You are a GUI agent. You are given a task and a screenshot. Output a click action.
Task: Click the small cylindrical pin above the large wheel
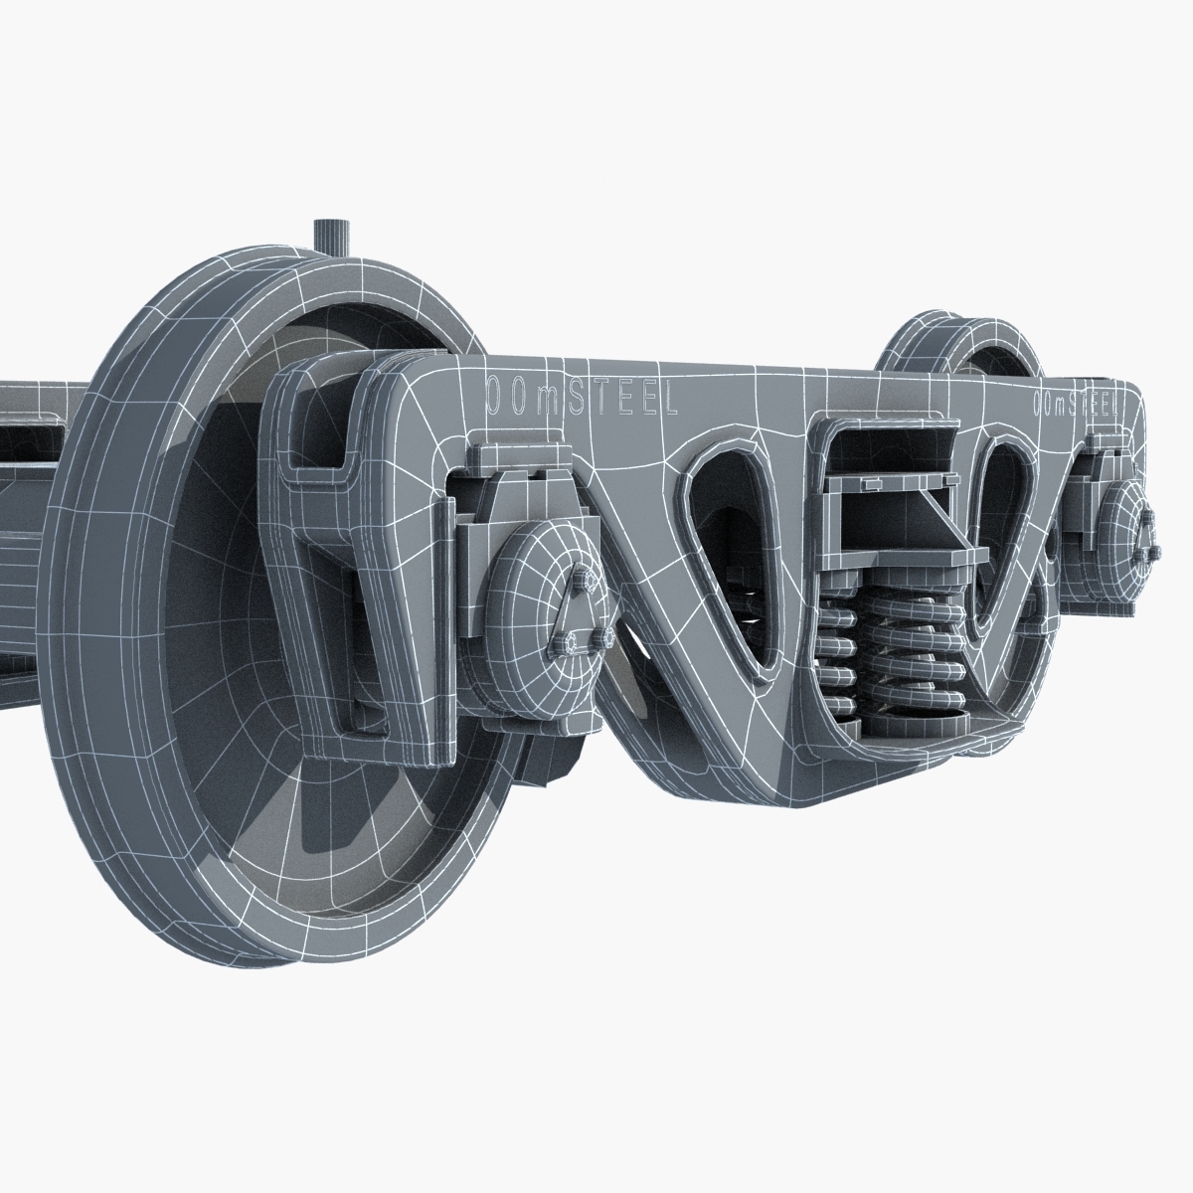point(330,236)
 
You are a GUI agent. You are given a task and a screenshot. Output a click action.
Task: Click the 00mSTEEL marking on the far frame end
point(1075,403)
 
